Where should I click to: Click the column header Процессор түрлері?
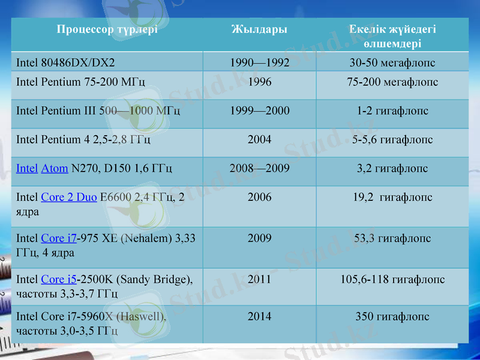pyautogui.click(x=107, y=29)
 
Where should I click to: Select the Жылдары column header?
pyautogui.click(x=259, y=29)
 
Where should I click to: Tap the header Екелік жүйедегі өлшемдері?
pyautogui.click(x=392, y=36)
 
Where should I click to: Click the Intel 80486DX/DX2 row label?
pyautogui.click(x=65, y=62)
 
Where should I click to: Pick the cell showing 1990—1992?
pyautogui.click(x=259, y=62)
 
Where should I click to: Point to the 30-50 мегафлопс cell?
pyautogui.click(x=392, y=62)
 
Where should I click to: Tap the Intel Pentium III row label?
pyautogui.click(x=98, y=111)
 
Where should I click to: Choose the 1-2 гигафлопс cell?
pyautogui.click(x=392, y=111)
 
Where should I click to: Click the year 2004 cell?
pyautogui.click(x=259, y=140)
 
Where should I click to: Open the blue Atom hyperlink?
pyautogui.click(x=55, y=169)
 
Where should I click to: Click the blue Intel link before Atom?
pyautogui.click(x=27, y=169)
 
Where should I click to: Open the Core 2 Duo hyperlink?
pyautogui.click(x=69, y=197)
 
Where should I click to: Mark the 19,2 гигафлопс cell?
pyautogui.click(x=392, y=197)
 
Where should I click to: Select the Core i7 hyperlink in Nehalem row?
pyautogui.click(x=59, y=239)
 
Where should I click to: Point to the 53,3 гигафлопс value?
pyautogui.click(x=392, y=239)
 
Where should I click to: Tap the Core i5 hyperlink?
pyautogui.click(x=59, y=280)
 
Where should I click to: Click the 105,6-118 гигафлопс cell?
pyautogui.click(x=392, y=280)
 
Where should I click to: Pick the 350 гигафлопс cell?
pyautogui.click(x=392, y=316)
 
